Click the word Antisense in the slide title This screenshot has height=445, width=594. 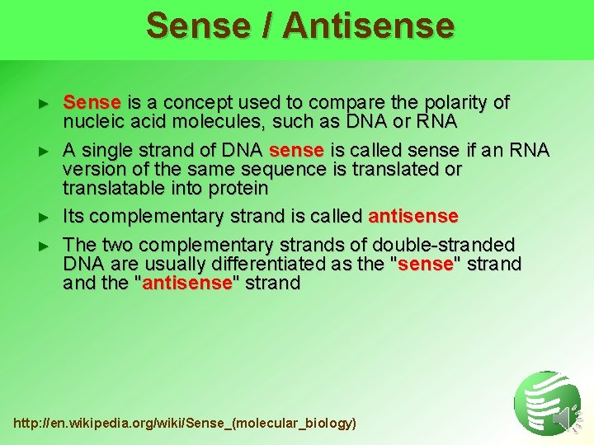point(368,25)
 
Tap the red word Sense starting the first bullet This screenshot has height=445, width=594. point(92,103)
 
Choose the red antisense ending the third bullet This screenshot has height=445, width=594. point(413,216)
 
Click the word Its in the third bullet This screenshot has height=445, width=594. point(74,216)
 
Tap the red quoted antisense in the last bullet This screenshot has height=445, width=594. point(186,283)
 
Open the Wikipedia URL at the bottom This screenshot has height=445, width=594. point(185,423)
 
